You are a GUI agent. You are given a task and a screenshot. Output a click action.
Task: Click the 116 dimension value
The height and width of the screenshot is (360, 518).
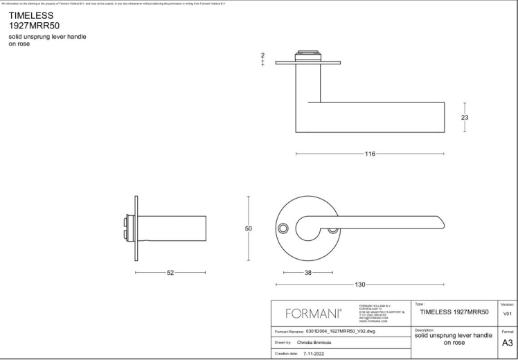pyautogui.click(x=370, y=154)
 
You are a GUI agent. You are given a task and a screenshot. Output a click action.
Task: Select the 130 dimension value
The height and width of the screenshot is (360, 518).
pyautogui.click(x=360, y=285)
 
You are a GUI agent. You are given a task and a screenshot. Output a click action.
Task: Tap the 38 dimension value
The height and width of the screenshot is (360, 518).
pyautogui.click(x=308, y=272)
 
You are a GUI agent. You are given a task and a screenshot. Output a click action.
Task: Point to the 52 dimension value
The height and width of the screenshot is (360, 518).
pyautogui.click(x=170, y=272)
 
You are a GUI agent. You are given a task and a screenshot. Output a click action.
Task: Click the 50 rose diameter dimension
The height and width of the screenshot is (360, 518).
pyautogui.click(x=249, y=228)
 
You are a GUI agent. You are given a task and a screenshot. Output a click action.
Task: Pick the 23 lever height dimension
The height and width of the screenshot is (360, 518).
pyautogui.click(x=465, y=118)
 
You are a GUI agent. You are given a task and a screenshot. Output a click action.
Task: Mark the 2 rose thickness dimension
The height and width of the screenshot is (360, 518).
pyautogui.click(x=263, y=55)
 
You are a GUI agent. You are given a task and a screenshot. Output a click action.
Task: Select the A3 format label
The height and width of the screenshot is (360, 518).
pyautogui.click(x=508, y=343)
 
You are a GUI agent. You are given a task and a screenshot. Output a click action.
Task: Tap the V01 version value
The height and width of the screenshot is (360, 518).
pyautogui.click(x=508, y=314)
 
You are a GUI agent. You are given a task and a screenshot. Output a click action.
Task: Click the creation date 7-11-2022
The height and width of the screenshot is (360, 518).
pyautogui.click(x=313, y=354)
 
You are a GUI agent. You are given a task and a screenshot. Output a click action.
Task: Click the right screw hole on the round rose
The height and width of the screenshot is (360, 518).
pyautogui.click(x=332, y=228)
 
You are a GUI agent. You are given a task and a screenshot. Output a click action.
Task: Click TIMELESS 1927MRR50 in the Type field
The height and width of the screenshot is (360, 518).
pyautogui.click(x=454, y=312)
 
